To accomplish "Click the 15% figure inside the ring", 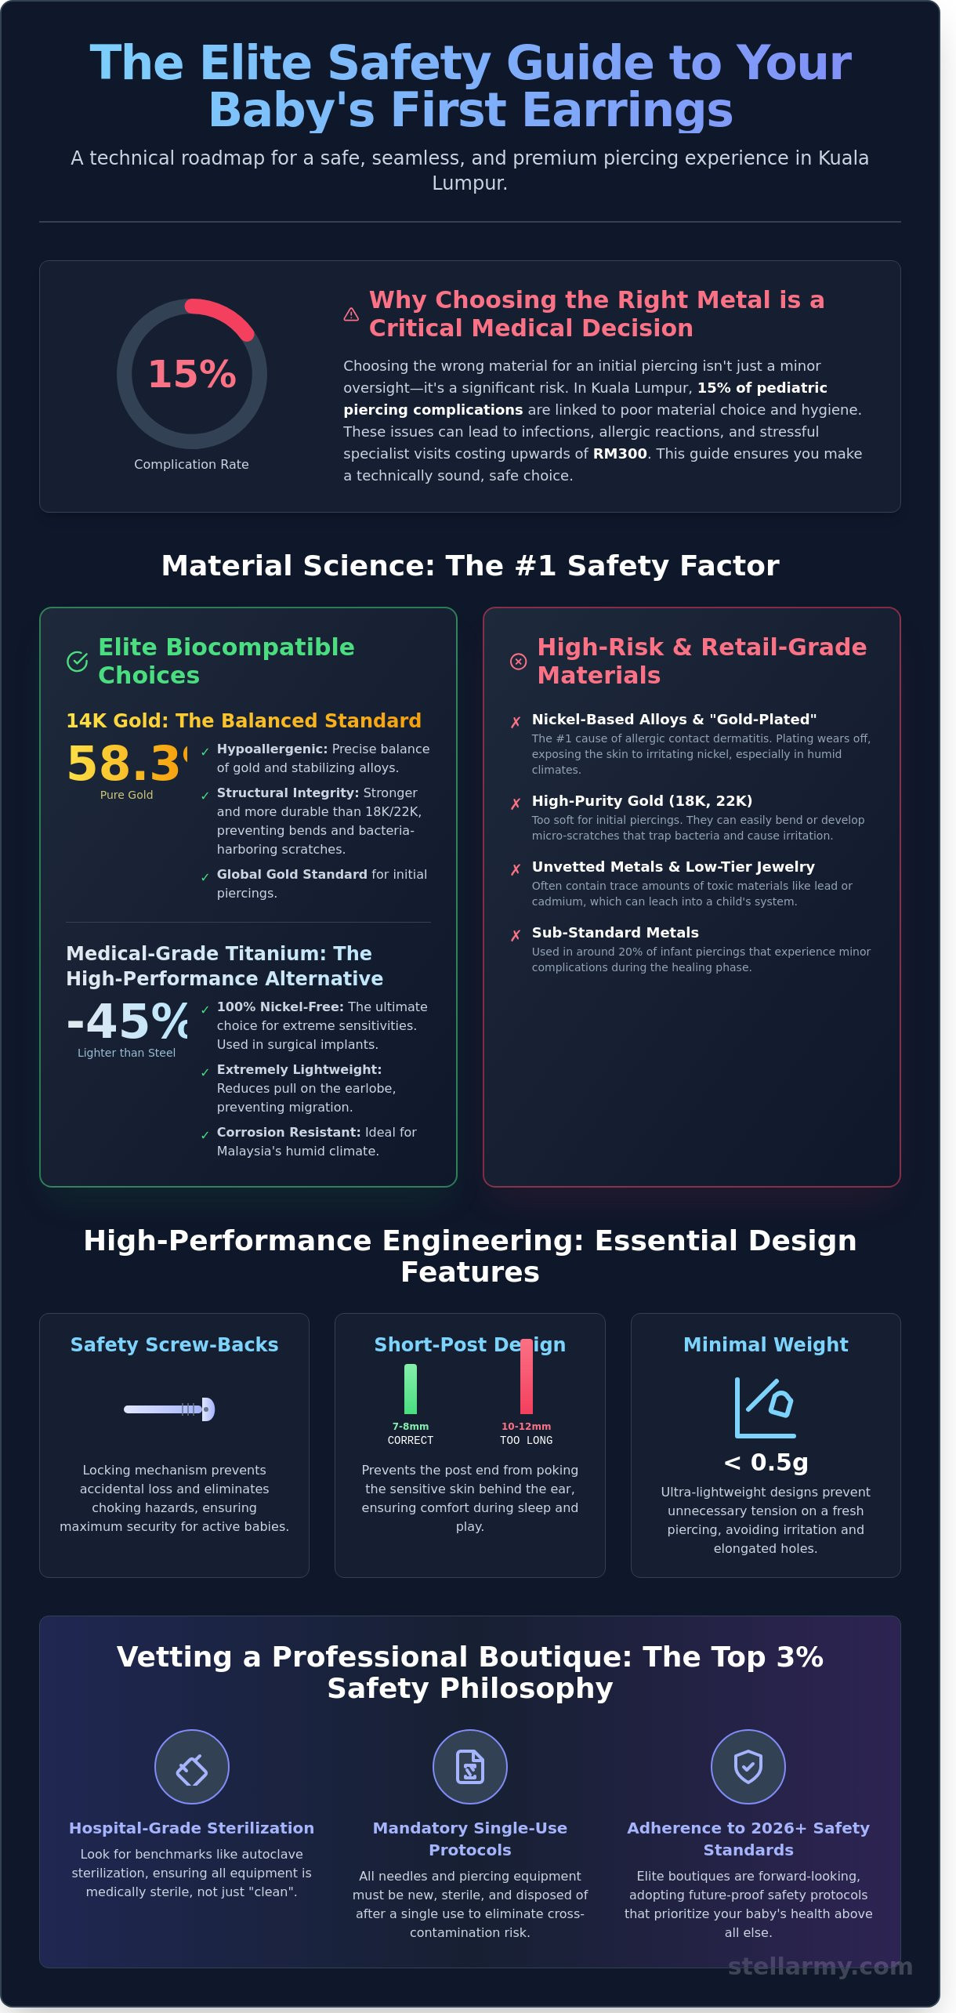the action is coord(192,374).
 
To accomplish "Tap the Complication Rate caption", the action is coord(191,464).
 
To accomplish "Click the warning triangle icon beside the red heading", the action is coord(351,314).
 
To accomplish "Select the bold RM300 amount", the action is coord(620,453).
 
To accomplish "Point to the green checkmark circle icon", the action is coord(77,662).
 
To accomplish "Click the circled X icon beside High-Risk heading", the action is coord(518,662).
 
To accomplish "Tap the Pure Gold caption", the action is coord(126,795).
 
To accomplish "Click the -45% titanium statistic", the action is coord(128,1021).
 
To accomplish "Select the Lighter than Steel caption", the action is coord(126,1053).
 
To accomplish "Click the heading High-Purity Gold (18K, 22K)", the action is coord(642,800).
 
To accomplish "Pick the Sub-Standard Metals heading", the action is coord(615,932).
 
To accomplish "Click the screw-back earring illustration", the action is coord(169,1409).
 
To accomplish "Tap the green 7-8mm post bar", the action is coord(411,1389).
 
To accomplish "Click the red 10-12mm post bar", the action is coord(527,1376).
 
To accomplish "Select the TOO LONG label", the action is coord(527,1440).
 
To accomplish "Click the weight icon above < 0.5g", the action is coord(766,1407).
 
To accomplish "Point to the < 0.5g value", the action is coord(766,1462).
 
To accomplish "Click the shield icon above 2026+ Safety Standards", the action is coord(748,1767).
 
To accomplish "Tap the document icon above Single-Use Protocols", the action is coord(470,1767).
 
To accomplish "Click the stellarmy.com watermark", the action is coord(820,1966).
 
